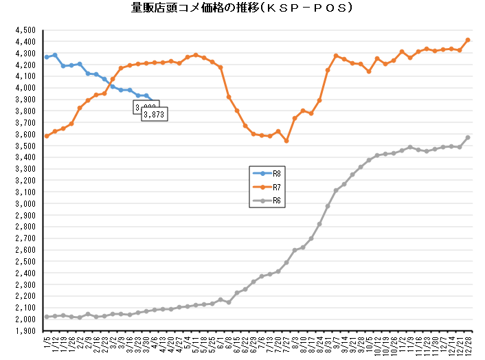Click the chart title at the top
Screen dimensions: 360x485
[x=242, y=9]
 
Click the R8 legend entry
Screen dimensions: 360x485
[x=271, y=175]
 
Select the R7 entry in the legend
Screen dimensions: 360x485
[x=271, y=188]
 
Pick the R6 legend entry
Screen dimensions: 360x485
[x=271, y=201]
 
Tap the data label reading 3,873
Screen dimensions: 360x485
[x=155, y=114]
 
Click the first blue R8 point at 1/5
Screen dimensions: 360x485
[x=47, y=57]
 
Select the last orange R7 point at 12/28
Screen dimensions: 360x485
[x=468, y=40]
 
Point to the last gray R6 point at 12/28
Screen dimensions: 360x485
[x=468, y=137]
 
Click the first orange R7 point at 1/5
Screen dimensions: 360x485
[x=47, y=136]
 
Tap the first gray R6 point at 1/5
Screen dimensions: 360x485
[x=47, y=317]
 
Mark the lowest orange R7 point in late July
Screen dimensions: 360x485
[x=286, y=141]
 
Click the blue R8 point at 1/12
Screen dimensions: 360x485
[x=55, y=55]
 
